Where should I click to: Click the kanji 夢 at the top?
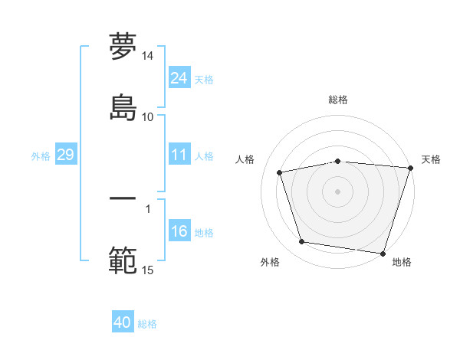pos(123,46)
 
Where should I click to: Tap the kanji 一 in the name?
pos(123,198)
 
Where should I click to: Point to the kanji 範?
pos(123,260)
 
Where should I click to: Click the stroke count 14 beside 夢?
pos(148,57)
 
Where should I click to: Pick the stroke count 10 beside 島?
pos(148,116)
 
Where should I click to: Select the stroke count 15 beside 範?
pos(148,270)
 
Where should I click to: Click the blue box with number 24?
pos(179,78)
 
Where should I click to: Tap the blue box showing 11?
pos(179,155)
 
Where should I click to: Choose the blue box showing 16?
pos(179,232)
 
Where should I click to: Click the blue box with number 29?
pos(65,155)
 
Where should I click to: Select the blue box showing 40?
pos(123,323)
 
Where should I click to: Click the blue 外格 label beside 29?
pos(41,156)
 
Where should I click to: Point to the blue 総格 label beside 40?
pos(147,324)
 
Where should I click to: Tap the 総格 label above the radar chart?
pos(338,100)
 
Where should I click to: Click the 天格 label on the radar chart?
pos(431,159)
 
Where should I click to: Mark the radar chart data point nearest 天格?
pos(410,168)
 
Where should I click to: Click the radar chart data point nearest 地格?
pos(383,253)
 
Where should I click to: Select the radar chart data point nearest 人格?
pos(280,172)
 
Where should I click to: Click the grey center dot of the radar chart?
pos(338,191)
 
